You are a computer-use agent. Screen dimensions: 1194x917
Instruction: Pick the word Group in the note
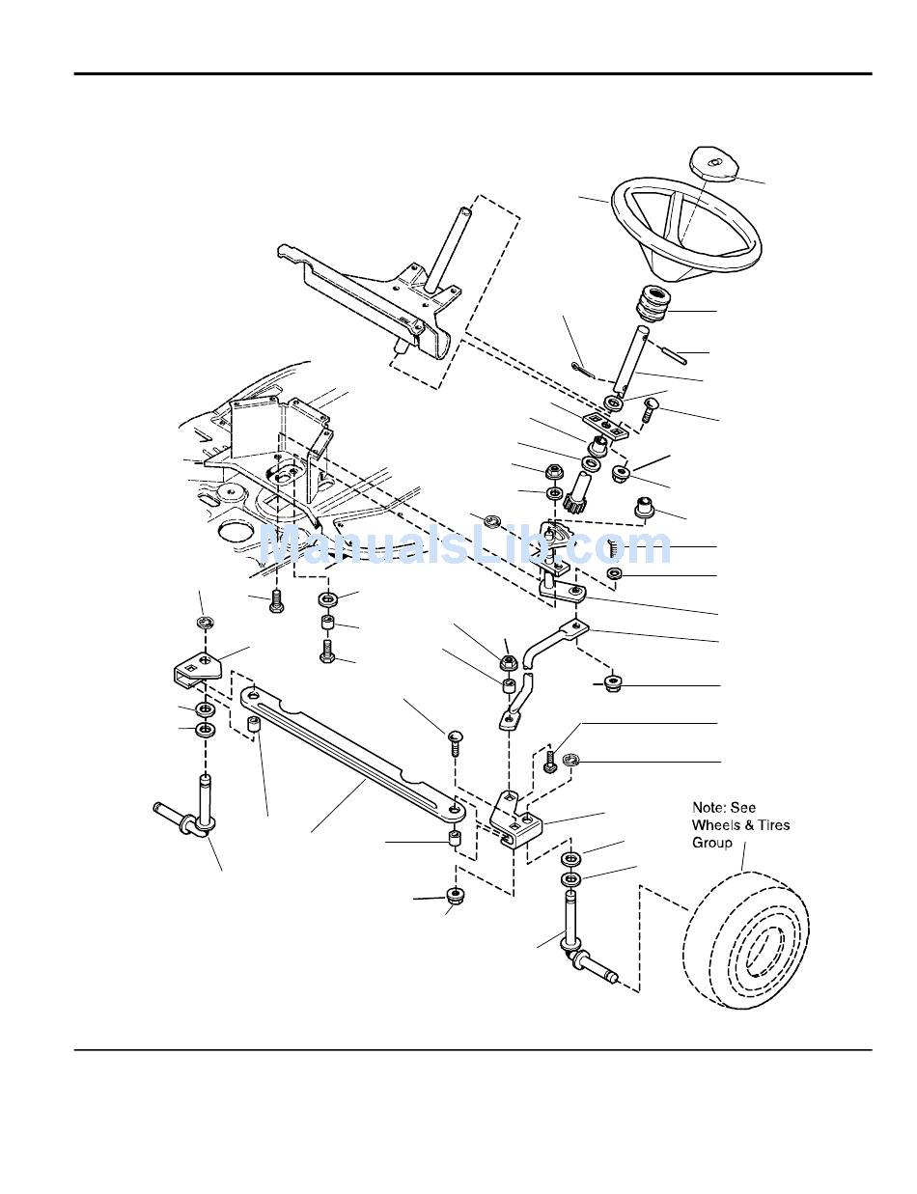tap(712, 842)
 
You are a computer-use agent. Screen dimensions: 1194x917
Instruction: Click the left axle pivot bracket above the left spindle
tap(199, 669)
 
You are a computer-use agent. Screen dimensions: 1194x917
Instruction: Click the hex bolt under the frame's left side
tap(276, 602)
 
